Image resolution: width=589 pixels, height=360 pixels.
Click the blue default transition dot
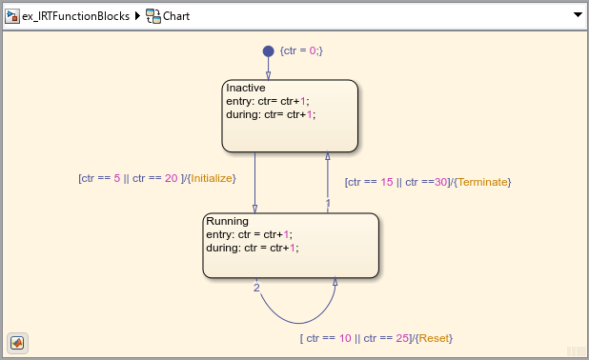click(268, 51)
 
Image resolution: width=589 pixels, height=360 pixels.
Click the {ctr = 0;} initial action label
click(301, 50)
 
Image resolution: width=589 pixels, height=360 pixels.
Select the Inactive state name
click(246, 88)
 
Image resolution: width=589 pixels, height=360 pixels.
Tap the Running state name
click(227, 221)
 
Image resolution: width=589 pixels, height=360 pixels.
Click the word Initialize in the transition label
click(212, 178)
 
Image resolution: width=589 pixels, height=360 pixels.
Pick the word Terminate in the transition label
click(482, 182)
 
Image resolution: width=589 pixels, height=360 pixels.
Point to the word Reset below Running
click(434, 338)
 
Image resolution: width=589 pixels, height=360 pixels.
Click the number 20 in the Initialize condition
click(171, 178)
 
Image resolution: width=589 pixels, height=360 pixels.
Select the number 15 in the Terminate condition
click(387, 182)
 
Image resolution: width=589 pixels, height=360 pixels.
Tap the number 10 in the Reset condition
click(345, 338)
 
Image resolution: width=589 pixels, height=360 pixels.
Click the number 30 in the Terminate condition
click(440, 182)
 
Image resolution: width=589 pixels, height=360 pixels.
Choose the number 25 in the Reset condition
click(402, 338)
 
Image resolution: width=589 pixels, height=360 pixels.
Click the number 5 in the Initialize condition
click(117, 178)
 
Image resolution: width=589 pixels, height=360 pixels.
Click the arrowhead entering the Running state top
click(255, 209)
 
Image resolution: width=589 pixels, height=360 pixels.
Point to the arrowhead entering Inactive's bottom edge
click(328, 156)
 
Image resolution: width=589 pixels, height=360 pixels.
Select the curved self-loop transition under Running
click(298, 323)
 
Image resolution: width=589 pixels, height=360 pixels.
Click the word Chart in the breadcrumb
click(176, 16)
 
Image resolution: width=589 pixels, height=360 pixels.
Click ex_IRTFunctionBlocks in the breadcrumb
click(75, 16)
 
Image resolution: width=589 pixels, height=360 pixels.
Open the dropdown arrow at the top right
click(579, 15)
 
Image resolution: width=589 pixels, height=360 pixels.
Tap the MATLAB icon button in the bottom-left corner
click(17, 343)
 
